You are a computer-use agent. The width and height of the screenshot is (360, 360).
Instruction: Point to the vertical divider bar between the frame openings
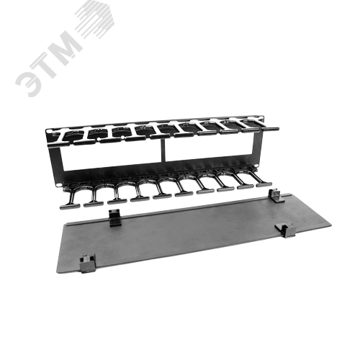(x=164, y=150)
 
